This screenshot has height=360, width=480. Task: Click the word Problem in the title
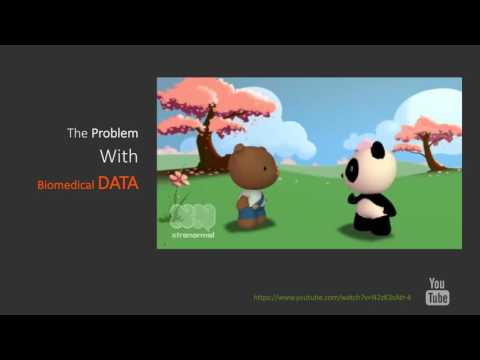click(x=115, y=133)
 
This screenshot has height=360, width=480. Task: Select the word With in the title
click(x=118, y=157)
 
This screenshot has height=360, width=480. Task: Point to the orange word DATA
click(x=118, y=184)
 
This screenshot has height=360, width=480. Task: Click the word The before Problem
click(x=77, y=133)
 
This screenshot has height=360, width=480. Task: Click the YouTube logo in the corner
click(x=437, y=291)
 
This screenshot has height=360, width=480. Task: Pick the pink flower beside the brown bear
click(x=179, y=179)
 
